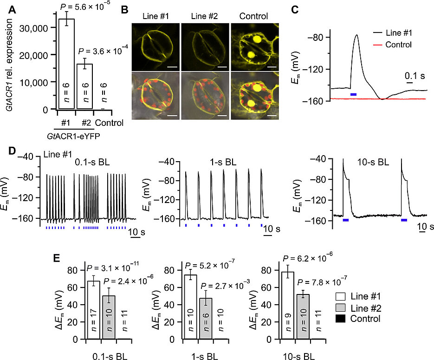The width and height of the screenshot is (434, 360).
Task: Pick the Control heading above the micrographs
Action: point(253,16)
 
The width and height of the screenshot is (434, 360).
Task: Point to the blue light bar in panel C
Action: point(354,94)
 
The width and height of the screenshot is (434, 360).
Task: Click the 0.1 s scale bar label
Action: point(409,75)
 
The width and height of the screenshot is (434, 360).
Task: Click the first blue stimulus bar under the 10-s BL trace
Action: point(346,220)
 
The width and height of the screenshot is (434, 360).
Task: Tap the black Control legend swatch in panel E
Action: point(340,319)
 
